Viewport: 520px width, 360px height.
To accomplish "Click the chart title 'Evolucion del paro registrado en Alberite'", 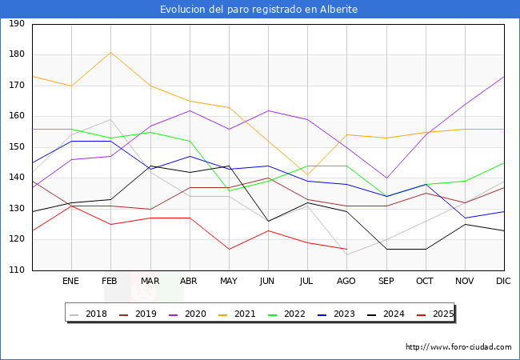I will pyautogui.click(x=259, y=10).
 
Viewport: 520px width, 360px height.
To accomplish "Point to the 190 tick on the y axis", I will pyautogui.click(x=16, y=24).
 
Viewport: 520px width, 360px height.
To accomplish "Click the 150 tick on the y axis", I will pyautogui.click(x=16, y=147).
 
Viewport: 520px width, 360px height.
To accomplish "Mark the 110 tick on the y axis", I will pyautogui.click(x=16, y=270).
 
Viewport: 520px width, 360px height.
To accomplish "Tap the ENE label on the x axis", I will pyautogui.click(x=71, y=282).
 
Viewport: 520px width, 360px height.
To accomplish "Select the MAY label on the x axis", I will pyautogui.click(x=229, y=282).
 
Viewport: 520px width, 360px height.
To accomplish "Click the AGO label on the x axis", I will pyautogui.click(x=346, y=282).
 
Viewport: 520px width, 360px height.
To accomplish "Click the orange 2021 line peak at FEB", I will pyautogui.click(x=110, y=53).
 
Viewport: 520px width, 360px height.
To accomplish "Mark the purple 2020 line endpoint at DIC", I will pyautogui.click(x=504, y=77).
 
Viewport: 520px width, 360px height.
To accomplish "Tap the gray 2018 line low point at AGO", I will pyautogui.click(x=346, y=254).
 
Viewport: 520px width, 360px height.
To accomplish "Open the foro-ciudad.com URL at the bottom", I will pyautogui.click(x=458, y=347).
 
